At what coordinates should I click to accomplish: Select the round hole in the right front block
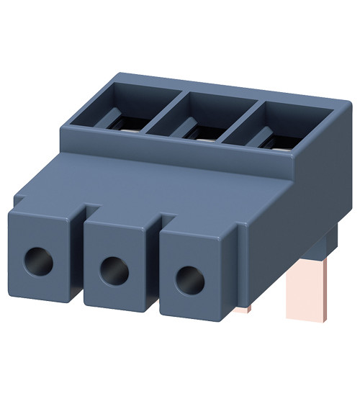(189, 278)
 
